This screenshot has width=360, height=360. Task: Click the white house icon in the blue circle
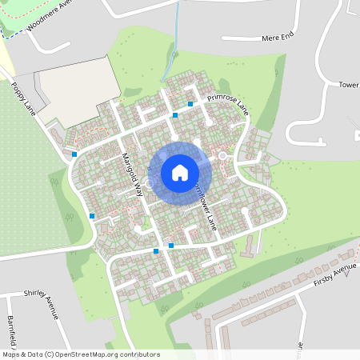(x=180, y=172)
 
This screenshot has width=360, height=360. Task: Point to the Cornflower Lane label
(x=202, y=204)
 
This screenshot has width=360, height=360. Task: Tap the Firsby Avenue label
(x=334, y=274)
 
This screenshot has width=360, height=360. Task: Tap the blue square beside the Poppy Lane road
(x=74, y=154)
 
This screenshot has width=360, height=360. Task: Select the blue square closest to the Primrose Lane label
(x=190, y=104)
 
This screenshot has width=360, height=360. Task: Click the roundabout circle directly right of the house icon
(x=222, y=155)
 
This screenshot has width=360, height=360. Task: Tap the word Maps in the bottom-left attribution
(x=12, y=354)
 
